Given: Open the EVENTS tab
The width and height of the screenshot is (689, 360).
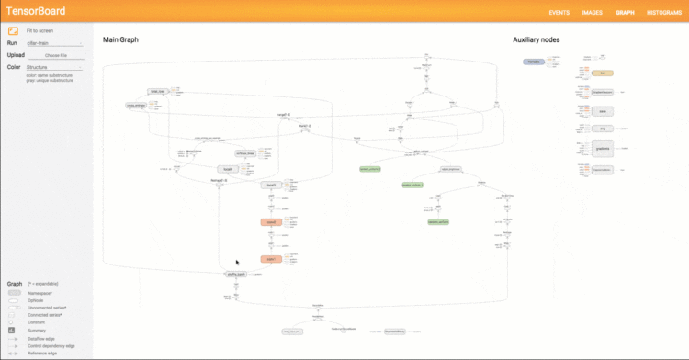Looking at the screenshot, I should [x=559, y=13].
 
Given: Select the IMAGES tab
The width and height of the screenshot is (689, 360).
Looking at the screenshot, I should [x=593, y=13].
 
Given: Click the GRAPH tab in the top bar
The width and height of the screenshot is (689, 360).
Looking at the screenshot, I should [x=625, y=13].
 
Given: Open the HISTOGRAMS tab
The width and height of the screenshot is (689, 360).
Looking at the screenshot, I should [x=663, y=13].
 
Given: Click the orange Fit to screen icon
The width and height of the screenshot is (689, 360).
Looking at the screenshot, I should [x=13, y=31].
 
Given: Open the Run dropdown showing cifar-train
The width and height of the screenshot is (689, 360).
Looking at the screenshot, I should [x=54, y=43].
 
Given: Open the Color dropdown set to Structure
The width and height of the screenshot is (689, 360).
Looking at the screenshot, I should [x=54, y=67].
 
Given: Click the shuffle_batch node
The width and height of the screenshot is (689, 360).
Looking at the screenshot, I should [x=237, y=274].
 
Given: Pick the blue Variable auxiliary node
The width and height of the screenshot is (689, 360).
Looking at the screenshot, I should [x=534, y=62].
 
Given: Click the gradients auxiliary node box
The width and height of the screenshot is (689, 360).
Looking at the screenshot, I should [x=601, y=149].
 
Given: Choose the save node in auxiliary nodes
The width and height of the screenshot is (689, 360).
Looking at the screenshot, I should [x=601, y=109].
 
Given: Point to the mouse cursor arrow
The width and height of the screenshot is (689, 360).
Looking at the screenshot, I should [x=237, y=262].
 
